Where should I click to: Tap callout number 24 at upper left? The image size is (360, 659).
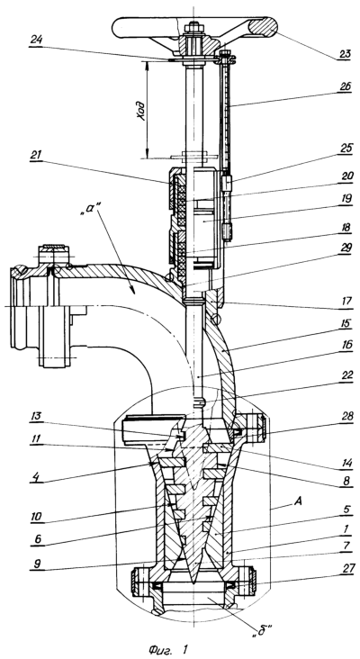37,40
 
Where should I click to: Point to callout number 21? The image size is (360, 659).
37,154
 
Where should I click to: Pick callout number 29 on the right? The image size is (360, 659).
346,248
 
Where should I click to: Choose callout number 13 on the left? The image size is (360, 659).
37,416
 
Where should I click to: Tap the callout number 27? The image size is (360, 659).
346,568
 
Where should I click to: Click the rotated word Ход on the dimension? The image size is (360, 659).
142,110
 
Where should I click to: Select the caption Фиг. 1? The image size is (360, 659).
167,649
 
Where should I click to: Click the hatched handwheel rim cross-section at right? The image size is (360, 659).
264,27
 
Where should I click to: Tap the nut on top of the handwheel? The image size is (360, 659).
193,28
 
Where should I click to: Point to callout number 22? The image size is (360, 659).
346,375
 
